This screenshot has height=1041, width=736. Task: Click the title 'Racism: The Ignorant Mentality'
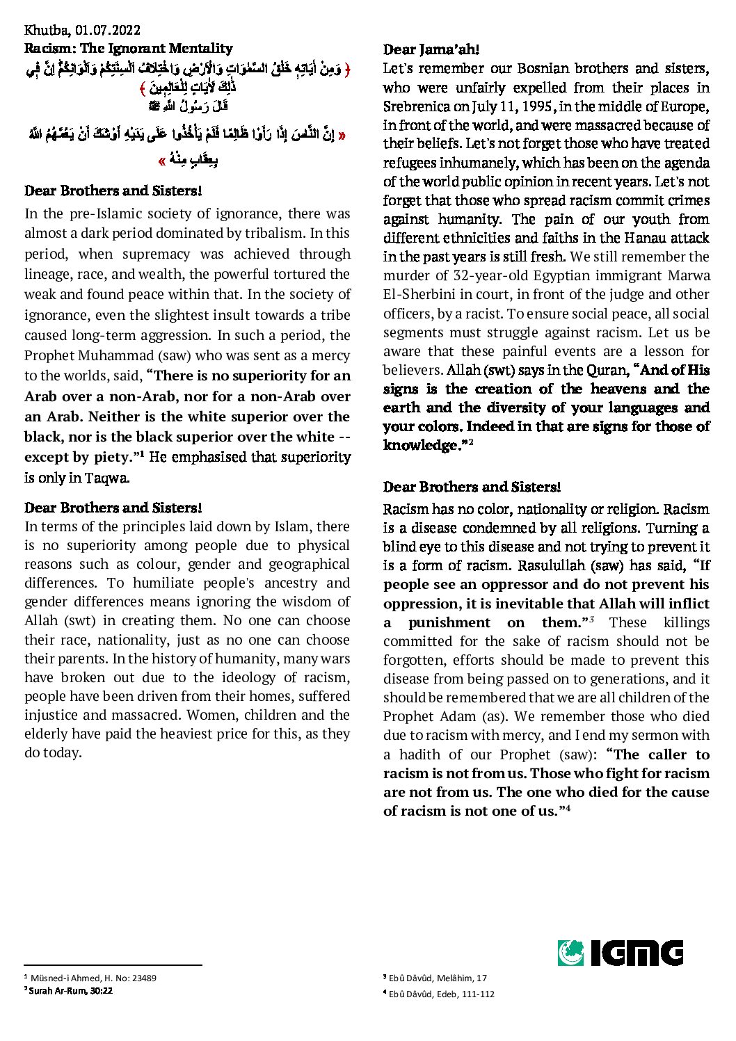129,48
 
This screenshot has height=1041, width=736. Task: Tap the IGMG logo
620,953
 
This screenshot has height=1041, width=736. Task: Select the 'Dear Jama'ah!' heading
431,49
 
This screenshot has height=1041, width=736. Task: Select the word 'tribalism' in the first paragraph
272,233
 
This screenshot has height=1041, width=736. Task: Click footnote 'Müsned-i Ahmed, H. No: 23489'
93,978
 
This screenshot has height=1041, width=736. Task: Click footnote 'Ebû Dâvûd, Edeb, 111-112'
442,994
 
